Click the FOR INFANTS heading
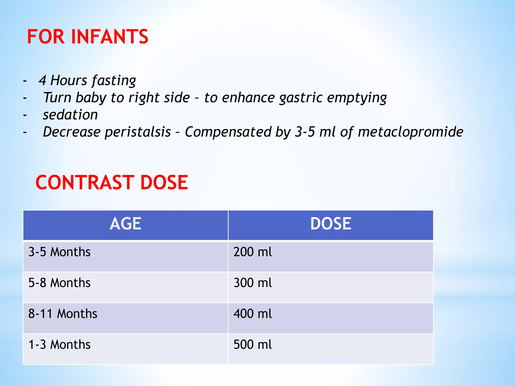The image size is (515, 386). tap(88, 37)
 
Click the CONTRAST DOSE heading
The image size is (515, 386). tap(112, 182)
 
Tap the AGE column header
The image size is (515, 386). tap(125, 224)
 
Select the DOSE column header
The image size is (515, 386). tap(330, 224)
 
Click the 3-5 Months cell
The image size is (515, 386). tap(59, 252)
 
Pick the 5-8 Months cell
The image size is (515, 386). tap(59, 283)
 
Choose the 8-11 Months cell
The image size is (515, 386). tap(63, 314)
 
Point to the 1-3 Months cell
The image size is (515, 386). tap(59, 345)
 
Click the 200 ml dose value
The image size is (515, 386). tap(252, 252)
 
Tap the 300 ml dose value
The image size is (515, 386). tap(252, 283)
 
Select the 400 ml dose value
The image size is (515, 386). tap(252, 314)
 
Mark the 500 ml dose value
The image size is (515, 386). tap(252, 345)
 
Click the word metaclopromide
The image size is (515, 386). tap(410, 132)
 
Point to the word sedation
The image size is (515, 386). tap(70, 115)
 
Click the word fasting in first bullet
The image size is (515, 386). tap(114, 81)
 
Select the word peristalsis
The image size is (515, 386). tap(138, 132)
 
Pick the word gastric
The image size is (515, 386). tap(301, 98)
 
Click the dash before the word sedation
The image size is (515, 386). tap(25, 115)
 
